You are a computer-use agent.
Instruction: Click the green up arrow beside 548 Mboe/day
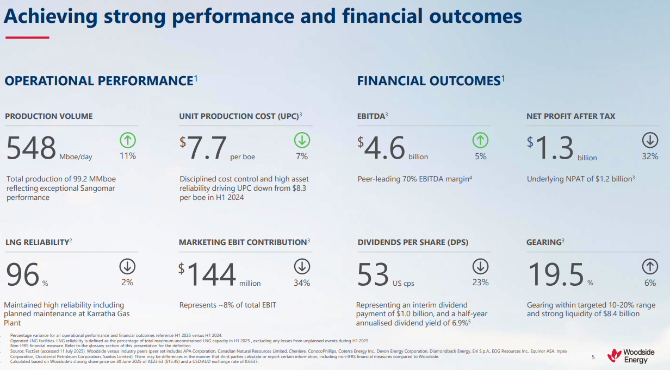(x=128, y=140)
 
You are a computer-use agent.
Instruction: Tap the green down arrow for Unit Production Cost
(x=302, y=140)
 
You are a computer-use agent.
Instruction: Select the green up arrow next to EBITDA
(x=480, y=140)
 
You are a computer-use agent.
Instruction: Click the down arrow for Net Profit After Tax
(x=650, y=140)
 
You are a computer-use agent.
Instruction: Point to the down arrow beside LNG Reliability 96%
(x=127, y=266)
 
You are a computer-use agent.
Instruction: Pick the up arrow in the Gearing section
(x=650, y=266)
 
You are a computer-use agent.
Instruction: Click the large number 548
(x=32, y=148)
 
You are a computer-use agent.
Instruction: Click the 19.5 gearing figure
(x=555, y=274)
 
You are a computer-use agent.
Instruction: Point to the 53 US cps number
(x=374, y=274)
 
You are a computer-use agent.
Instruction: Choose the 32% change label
(x=650, y=156)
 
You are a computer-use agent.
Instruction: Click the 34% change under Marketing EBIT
(x=302, y=283)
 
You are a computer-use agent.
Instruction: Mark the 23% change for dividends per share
(x=480, y=283)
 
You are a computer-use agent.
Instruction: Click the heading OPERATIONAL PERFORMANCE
(x=99, y=81)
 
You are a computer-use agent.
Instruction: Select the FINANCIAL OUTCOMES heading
(x=429, y=81)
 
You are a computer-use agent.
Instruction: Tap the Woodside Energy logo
(x=631, y=356)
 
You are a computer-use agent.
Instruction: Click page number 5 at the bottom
(x=593, y=357)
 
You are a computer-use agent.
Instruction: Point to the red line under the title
(x=27, y=37)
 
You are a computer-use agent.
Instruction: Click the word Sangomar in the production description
(x=99, y=188)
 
